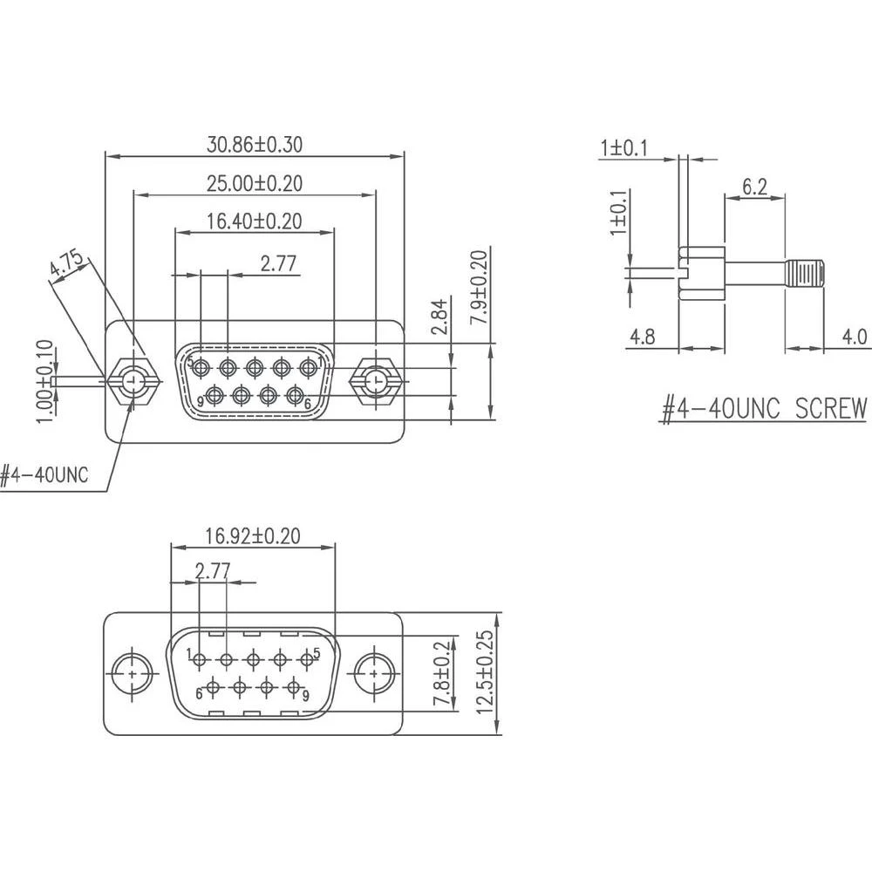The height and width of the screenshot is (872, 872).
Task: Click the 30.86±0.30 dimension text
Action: tap(255, 145)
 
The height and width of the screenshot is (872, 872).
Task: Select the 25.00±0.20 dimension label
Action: tap(255, 183)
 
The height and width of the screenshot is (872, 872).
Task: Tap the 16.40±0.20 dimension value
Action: tap(255, 221)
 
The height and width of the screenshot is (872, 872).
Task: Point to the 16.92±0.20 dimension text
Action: tap(253, 535)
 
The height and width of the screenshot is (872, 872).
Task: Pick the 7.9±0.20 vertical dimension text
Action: tap(478, 288)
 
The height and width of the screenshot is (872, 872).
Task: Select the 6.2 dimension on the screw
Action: tap(754, 186)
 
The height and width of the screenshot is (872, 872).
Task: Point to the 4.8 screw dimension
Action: tap(642, 337)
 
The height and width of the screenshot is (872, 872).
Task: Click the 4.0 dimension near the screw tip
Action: tap(855, 337)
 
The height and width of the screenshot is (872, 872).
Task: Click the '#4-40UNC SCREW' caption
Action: tap(765, 407)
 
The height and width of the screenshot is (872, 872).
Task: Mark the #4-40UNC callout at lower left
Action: tap(44, 475)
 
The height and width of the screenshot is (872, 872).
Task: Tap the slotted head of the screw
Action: tap(702, 274)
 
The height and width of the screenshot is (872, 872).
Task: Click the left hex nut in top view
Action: tap(133, 381)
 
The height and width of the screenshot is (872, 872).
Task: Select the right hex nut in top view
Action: tap(375, 381)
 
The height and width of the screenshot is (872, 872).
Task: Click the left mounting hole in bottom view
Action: tap(133, 673)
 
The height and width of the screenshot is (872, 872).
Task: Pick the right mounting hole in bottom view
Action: tap(375, 673)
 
